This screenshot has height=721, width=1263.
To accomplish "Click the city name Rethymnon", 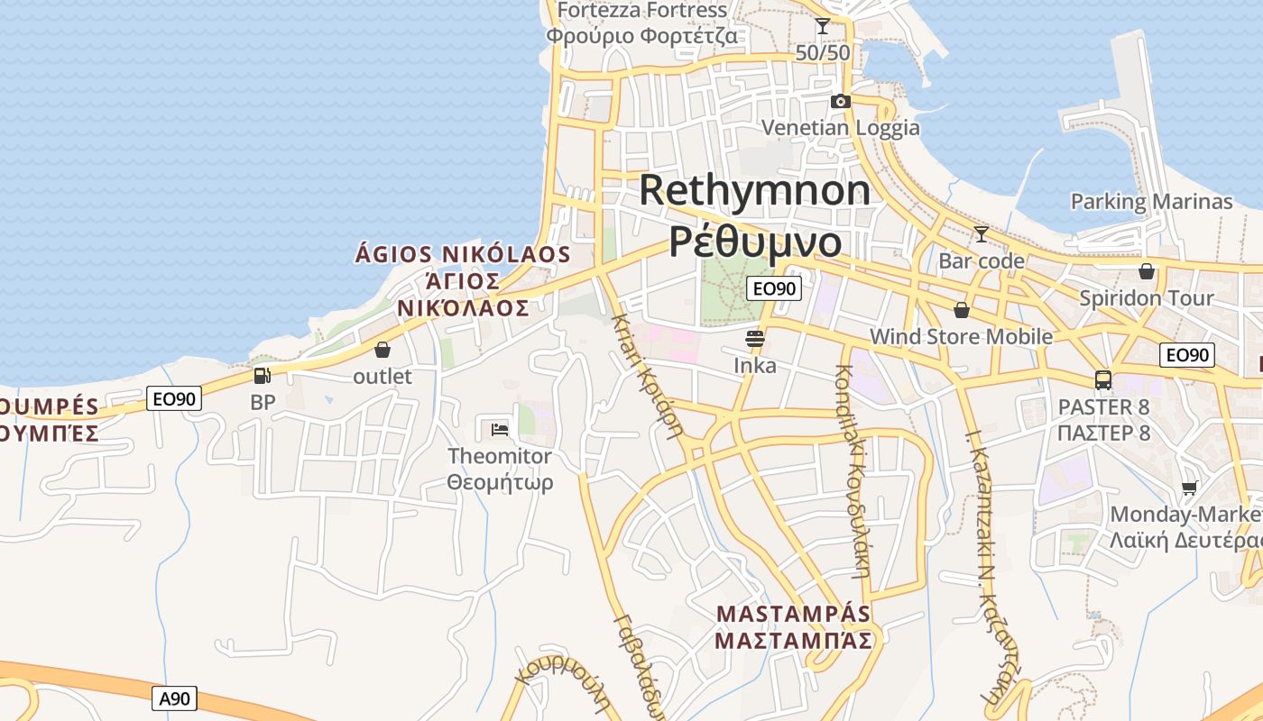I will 755,190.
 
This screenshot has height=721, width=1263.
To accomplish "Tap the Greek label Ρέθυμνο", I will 755,241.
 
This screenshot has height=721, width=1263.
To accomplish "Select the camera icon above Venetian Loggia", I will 841,101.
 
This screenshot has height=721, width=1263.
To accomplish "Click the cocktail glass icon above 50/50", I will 823,26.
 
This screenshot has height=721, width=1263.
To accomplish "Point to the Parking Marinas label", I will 1151,201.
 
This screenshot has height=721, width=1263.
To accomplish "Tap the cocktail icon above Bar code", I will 981,234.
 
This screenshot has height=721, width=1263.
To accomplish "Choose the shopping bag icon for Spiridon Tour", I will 1147,271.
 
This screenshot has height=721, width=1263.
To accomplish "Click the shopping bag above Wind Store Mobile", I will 962,310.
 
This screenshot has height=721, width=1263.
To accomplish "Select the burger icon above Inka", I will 755,339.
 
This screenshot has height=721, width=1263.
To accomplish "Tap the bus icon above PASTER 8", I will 1103,380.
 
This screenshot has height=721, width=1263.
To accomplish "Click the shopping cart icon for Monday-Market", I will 1190,488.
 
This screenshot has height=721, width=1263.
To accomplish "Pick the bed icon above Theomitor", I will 500,429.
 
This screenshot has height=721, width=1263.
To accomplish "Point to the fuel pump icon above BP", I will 262,376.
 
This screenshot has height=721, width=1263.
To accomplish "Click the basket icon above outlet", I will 383,350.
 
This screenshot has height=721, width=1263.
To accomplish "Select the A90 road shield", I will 174,698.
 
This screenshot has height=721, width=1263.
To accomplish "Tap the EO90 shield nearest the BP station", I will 173,398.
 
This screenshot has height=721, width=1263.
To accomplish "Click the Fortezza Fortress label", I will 642,10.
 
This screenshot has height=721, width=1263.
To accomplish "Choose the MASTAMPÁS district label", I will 794,614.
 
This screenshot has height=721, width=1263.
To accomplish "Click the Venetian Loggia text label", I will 841,127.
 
